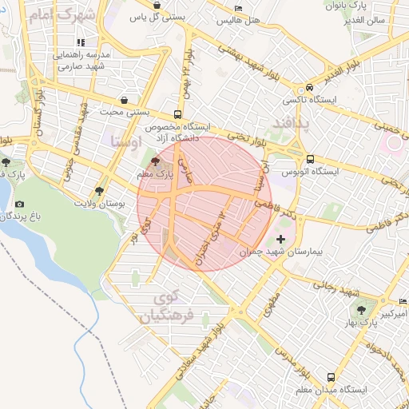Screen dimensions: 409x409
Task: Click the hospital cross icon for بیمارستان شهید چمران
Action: point(280,239)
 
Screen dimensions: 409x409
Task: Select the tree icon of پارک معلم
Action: point(154,161)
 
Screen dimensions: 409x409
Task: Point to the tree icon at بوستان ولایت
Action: point(98,191)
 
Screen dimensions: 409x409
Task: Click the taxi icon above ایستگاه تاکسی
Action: point(309,89)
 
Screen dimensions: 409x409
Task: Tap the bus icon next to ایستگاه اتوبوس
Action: point(310,159)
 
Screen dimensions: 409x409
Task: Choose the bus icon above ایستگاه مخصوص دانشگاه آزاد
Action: point(177,114)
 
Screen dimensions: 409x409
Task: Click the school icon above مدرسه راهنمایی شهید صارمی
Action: point(80,42)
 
